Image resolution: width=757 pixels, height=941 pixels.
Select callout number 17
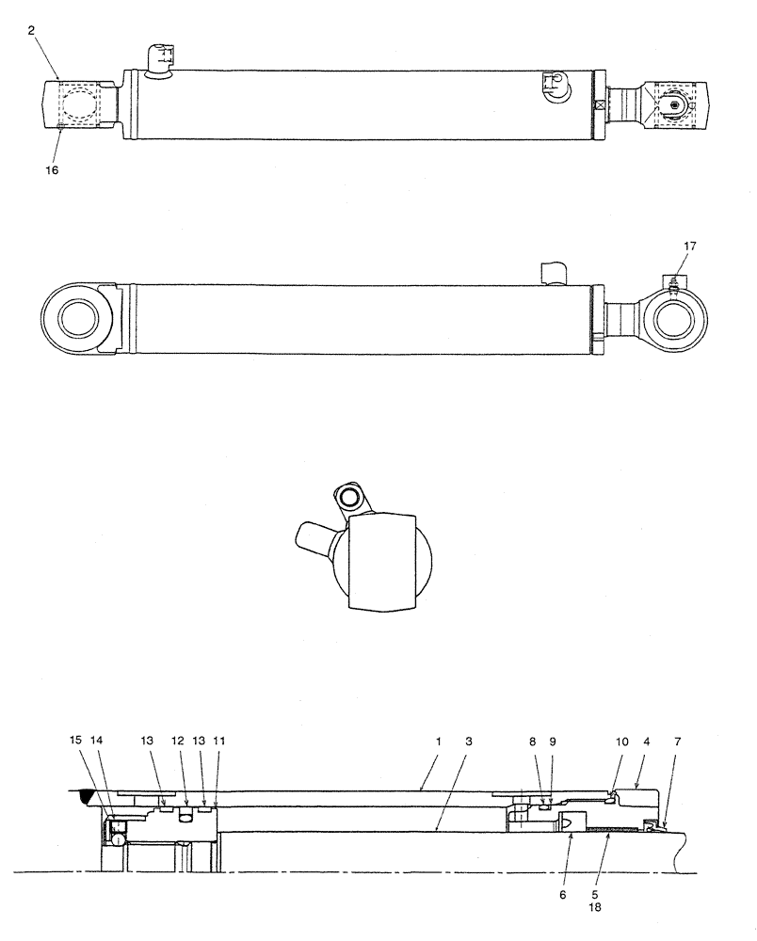click(x=690, y=246)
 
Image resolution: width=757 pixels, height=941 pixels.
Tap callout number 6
click(x=563, y=894)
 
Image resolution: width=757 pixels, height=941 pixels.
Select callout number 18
click(x=595, y=910)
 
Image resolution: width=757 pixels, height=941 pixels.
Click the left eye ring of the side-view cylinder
click(x=77, y=318)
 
